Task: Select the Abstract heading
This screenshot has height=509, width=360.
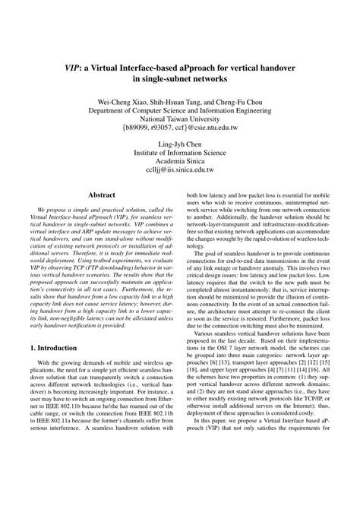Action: click(x=102, y=195)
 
